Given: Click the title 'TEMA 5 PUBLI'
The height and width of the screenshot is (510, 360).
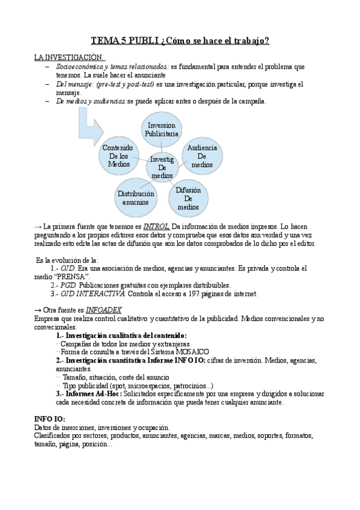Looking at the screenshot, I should coord(125,41).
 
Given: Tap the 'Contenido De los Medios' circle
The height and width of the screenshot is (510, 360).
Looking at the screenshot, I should coord(119,155).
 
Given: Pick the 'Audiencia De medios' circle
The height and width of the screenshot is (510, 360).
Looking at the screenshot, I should coord(202,156).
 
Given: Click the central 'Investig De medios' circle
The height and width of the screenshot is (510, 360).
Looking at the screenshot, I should coord(162,167).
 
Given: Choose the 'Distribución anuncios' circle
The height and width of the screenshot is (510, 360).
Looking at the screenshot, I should coord(136,198).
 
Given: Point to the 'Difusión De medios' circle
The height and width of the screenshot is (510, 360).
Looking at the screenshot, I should coord(188,198).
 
